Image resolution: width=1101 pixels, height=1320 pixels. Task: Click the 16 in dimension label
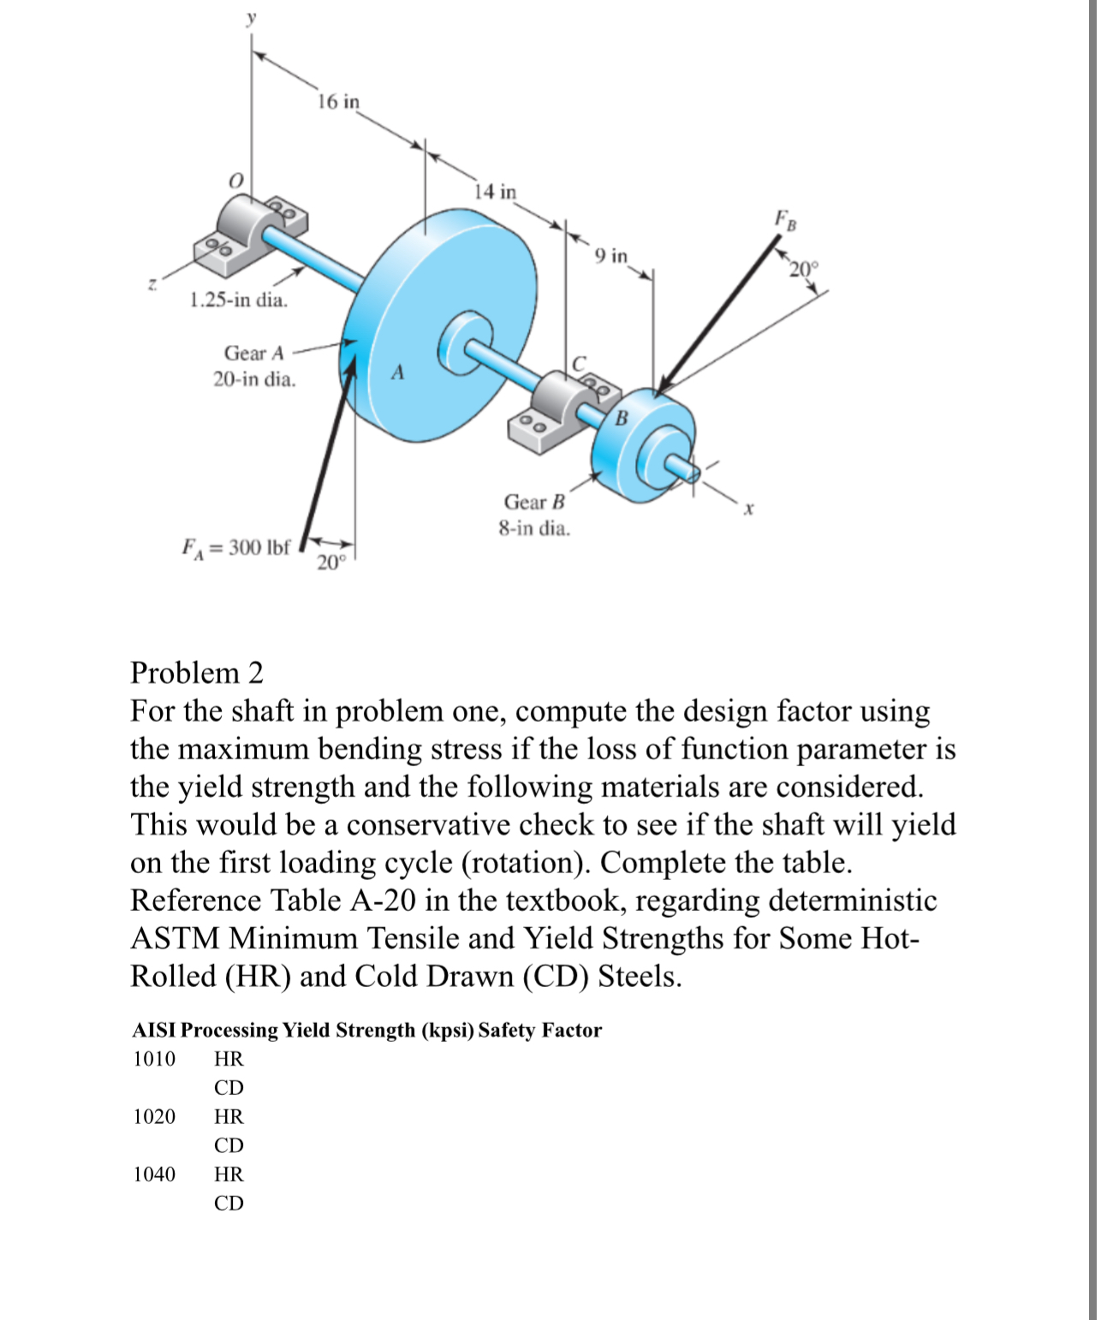click(x=338, y=102)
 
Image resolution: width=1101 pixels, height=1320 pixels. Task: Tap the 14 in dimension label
click(x=496, y=191)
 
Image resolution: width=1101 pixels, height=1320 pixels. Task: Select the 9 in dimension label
click(x=611, y=255)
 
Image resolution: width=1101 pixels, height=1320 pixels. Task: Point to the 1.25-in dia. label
click(x=238, y=300)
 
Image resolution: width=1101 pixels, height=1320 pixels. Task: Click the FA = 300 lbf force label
click(x=236, y=548)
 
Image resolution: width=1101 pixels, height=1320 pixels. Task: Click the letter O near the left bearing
click(x=236, y=181)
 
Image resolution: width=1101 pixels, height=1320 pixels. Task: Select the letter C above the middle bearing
click(x=579, y=364)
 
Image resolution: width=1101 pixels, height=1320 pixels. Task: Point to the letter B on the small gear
click(x=622, y=418)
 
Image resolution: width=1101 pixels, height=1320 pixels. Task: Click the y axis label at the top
click(x=251, y=19)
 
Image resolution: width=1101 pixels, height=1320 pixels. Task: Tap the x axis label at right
click(x=748, y=509)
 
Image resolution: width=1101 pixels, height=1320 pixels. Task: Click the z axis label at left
click(x=152, y=283)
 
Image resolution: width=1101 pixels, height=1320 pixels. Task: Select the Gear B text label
click(x=534, y=502)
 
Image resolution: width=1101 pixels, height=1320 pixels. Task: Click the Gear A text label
click(x=253, y=353)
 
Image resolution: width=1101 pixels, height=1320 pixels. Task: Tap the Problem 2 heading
click(x=197, y=673)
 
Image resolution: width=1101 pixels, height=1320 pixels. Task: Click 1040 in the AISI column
click(x=154, y=1174)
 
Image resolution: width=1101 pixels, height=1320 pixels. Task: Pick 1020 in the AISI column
click(x=154, y=1116)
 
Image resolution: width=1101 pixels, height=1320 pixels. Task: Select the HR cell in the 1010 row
click(x=229, y=1059)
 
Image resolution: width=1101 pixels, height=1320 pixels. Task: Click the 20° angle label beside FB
click(x=804, y=270)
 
